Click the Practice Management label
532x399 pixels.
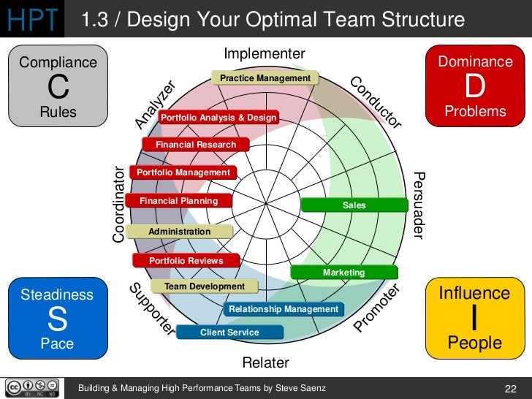pyautogui.click(x=265, y=78)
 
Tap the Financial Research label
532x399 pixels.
pyautogui.click(x=196, y=145)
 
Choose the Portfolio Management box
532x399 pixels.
pyautogui.click(x=183, y=172)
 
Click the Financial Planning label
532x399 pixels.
pyautogui.click(x=179, y=200)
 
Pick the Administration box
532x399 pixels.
pyautogui.click(x=179, y=232)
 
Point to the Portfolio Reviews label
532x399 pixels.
pyautogui.click(x=186, y=260)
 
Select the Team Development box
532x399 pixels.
pyautogui.click(x=205, y=286)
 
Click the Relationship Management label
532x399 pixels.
pyautogui.click(x=284, y=309)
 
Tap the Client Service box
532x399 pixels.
pyautogui.click(x=229, y=332)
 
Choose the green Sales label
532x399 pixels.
pyautogui.click(x=354, y=205)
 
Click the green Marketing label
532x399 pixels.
pyautogui.click(x=343, y=273)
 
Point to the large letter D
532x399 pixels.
pyautogui.click(x=475, y=87)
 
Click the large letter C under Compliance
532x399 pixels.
pyautogui.click(x=58, y=88)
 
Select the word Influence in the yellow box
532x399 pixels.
pyautogui.click(x=474, y=293)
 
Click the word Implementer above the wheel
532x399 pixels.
pyautogui.click(x=264, y=54)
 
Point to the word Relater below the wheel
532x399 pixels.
pyautogui.click(x=265, y=362)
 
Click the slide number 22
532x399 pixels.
pyautogui.click(x=511, y=387)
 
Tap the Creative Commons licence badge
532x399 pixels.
pyautogui.click(x=32, y=387)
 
